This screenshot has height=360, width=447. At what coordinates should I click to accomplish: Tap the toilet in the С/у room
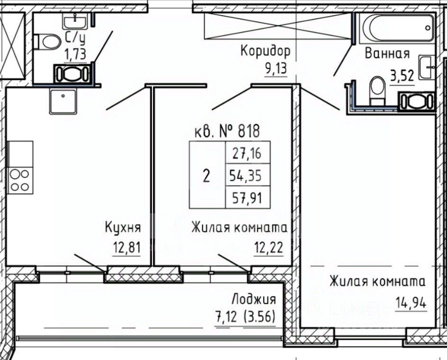[47, 42]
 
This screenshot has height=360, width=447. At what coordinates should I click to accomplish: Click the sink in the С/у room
[74, 21]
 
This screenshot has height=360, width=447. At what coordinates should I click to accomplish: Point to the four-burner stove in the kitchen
[20, 181]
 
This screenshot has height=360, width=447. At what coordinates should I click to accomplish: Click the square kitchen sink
[63, 102]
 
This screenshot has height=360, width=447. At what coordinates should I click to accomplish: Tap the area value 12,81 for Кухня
[127, 247]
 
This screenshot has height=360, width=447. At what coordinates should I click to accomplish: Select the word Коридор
[265, 52]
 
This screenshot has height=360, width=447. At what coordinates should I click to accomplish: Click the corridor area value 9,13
[276, 69]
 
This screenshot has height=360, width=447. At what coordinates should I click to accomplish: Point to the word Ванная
[387, 53]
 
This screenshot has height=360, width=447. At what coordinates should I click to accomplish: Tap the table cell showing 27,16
[247, 153]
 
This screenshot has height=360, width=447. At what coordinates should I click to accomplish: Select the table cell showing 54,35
[247, 175]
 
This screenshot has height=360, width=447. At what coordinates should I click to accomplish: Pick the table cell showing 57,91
[247, 197]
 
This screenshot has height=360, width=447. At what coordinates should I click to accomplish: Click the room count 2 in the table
[207, 175]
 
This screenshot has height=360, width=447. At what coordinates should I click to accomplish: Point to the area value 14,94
[411, 303]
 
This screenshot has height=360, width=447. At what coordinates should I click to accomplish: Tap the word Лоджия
[254, 300]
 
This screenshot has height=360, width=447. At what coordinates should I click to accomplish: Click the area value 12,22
[269, 247]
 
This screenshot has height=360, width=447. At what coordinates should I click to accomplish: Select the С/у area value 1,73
[75, 54]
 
